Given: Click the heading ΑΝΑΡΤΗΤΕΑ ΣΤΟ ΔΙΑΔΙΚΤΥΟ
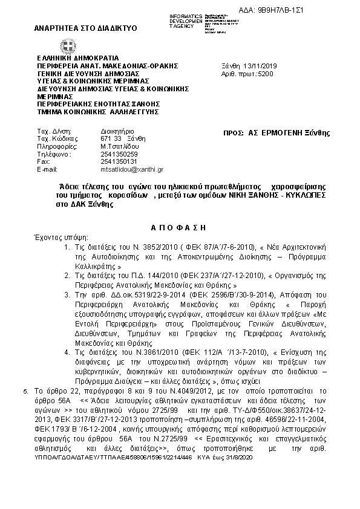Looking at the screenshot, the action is pyautogui.click(x=86, y=28).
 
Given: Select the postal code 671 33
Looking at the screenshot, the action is pyautogui.click(x=110, y=138).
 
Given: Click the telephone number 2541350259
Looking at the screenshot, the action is pyautogui.click(x=115, y=154).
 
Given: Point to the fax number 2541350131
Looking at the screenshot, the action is pyautogui.click(x=115, y=161).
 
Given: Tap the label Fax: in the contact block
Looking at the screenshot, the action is pyautogui.click(x=43, y=161).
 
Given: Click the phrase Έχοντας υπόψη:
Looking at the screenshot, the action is pyautogui.click(x=61, y=238).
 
